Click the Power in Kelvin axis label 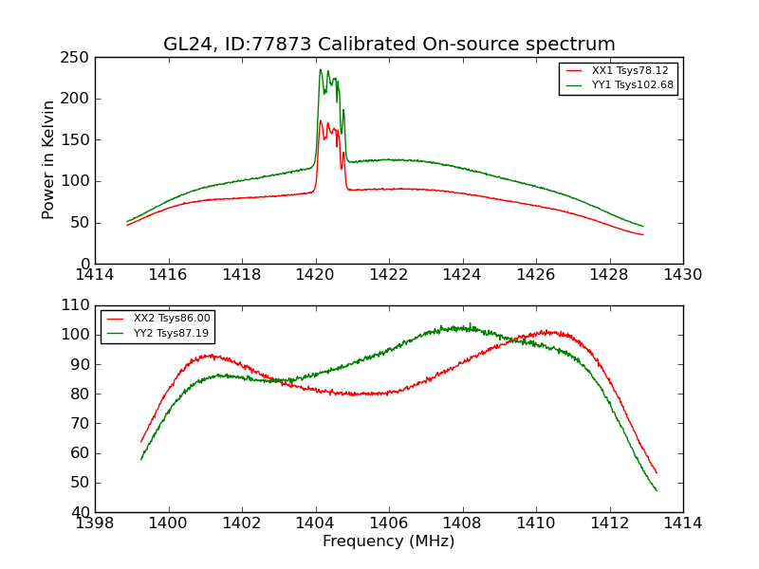tap(48, 160)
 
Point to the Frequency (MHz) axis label tap(389, 541)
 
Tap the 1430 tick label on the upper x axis tap(683, 275)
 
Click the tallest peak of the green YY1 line tap(321, 69)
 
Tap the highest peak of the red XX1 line tap(321, 121)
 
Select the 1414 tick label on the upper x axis tap(95, 275)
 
